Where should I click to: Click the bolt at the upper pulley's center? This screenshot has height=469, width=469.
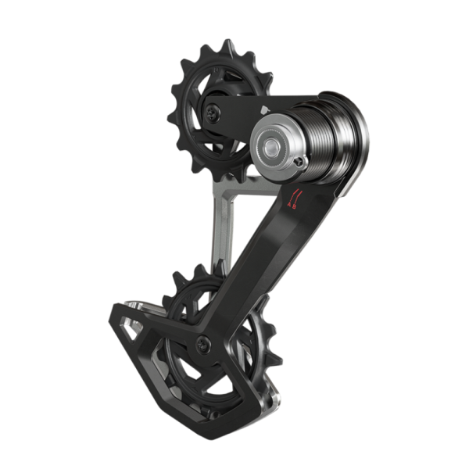(213, 113)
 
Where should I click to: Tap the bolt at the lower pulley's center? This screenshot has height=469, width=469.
(202, 341)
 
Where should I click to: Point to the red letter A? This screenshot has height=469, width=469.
(290, 206)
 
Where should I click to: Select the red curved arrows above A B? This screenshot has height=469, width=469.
(294, 194)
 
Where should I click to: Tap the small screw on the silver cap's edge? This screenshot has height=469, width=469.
(300, 162)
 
